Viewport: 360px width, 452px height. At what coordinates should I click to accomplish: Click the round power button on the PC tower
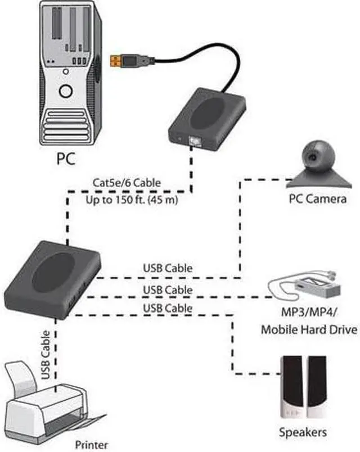[x=66, y=92]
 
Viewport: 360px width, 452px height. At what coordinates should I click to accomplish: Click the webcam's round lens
[x=310, y=156]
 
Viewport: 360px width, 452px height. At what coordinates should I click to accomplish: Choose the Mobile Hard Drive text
[x=309, y=329]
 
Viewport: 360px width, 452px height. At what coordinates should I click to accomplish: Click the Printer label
[x=92, y=445]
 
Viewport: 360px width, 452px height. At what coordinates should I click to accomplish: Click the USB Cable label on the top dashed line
[x=168, y=268]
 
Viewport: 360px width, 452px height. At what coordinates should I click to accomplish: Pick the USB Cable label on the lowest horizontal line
[x=168, y=308]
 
